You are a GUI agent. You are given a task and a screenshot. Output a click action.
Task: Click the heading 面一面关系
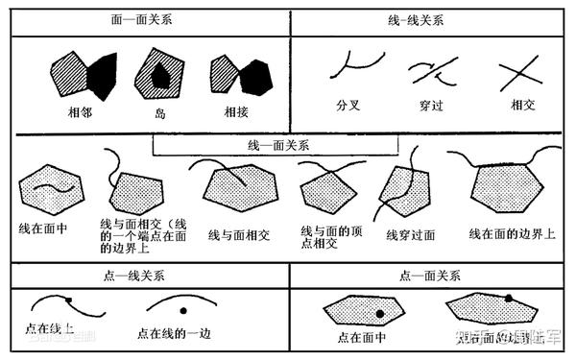click(x=150, y=20)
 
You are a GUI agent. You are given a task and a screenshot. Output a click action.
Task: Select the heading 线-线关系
click(x=431, y=20)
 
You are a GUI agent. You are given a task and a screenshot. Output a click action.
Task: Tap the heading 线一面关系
click(x=276, y=144)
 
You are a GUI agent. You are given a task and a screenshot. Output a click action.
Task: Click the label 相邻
click(x=82, y=111)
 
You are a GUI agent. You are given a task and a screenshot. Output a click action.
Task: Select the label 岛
click(x=160, y=111)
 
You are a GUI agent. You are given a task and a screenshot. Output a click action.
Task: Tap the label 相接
click(x=236, y=111)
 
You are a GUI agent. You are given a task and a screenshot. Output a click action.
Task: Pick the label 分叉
click(x=348, y=105)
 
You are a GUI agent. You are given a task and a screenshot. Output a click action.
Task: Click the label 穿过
click(x=429, y=105)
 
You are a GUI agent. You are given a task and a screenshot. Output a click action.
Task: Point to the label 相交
click(x=522, y=105)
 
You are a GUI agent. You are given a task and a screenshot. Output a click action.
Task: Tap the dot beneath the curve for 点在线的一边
click(x=182, y=310)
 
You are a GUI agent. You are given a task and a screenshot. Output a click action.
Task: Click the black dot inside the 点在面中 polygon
click(x=380, y=314)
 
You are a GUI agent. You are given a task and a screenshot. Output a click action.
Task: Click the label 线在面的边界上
click(x=512, y=233)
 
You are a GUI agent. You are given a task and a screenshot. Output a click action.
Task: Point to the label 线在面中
click(x=44, y=229)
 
